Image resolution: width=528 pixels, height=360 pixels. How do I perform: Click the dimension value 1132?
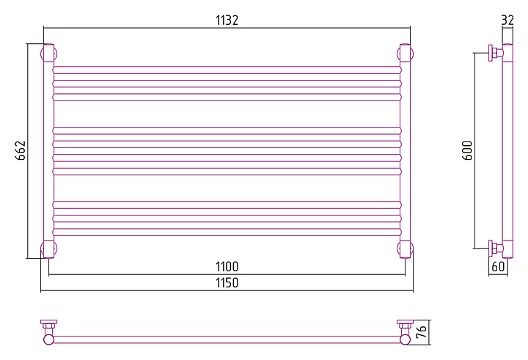227,21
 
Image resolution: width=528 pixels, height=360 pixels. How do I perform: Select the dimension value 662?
21,150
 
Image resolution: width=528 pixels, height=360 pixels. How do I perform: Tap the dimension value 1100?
227,266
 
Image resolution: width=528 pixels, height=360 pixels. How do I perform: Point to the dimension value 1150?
227,282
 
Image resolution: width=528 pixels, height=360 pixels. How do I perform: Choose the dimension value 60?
498,266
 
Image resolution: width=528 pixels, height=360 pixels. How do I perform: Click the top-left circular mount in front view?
48,54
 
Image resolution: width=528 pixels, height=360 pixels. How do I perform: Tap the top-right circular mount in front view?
405,54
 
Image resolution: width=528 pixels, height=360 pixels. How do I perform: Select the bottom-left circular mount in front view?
48,249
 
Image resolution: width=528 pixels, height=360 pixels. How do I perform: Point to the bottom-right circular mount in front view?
405,249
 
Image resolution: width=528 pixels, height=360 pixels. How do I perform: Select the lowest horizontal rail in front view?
227,231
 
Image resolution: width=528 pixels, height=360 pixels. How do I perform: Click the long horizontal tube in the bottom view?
227,339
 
